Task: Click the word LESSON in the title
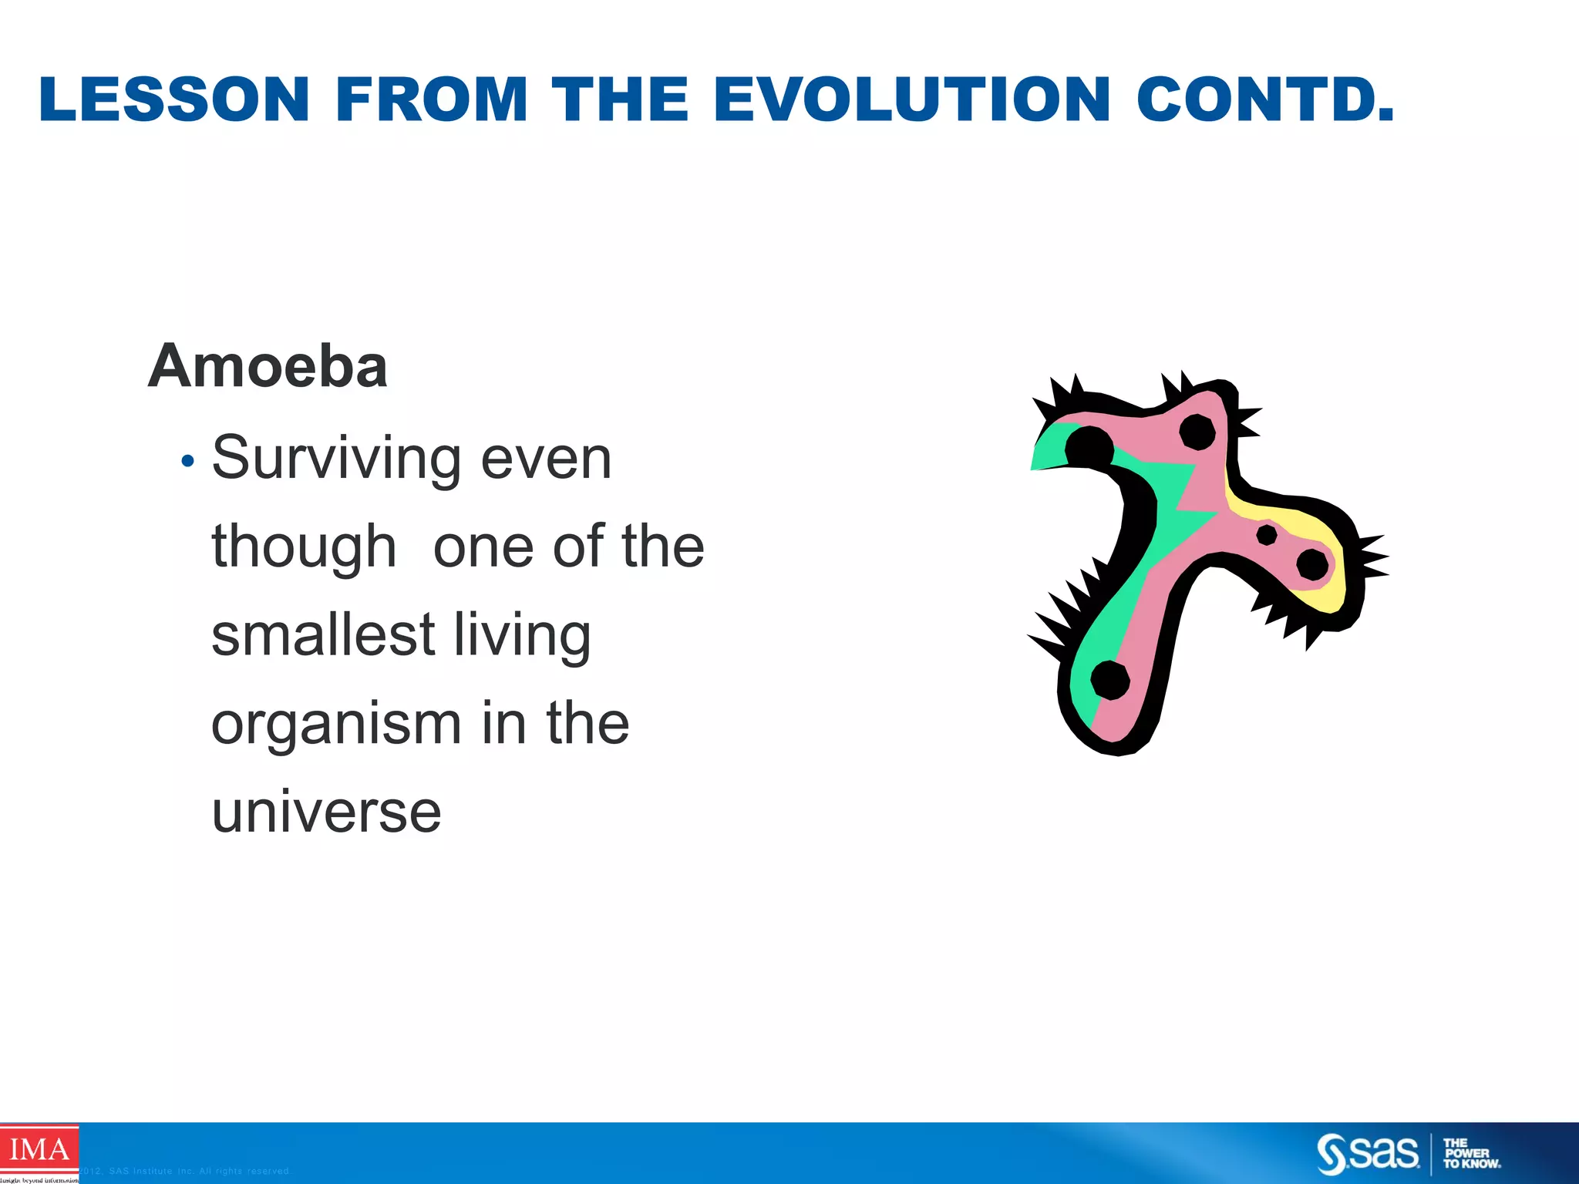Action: [174, 99]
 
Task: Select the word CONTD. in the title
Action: [1265, 99]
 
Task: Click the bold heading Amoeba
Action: [268, 366]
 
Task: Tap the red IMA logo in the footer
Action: [39, 1150]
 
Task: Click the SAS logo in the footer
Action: [1368, 1153]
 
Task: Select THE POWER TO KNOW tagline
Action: [1471, 1153]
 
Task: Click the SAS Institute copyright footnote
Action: [185, 1171]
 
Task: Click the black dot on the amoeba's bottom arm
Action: [1110, 680]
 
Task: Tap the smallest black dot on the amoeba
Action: [1267, 534]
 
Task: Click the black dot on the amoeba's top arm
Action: [1197, 432]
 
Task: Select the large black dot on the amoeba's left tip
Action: [1089, 449]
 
